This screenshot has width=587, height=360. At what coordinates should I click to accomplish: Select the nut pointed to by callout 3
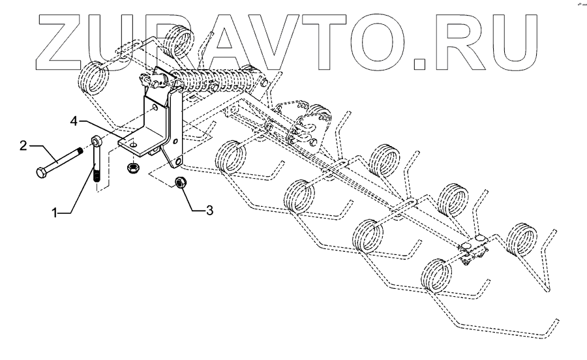(182, 183)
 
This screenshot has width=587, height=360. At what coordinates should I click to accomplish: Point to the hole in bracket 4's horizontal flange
(132, 143)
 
